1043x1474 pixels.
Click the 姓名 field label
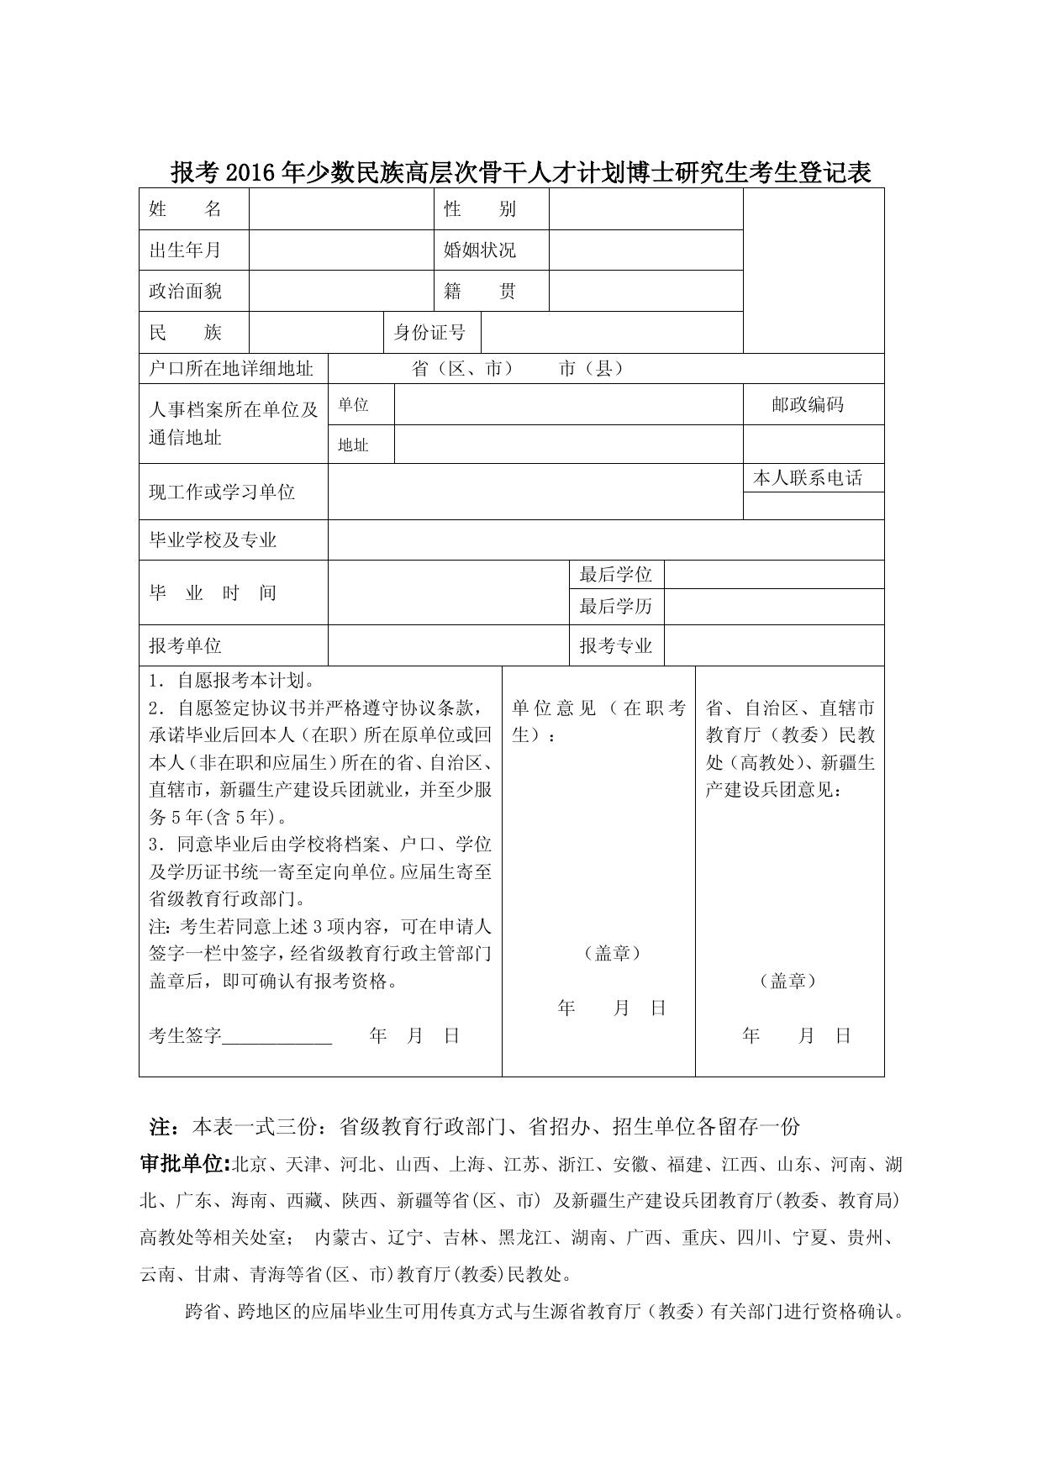pyautogui.click(x=186, y=209)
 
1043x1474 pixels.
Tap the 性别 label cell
pyautogui.click(x=480, y=209)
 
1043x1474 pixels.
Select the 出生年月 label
pyautogui.click(x=186, y=250)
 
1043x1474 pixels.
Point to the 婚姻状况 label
pyautogui.click(x=480, y=250)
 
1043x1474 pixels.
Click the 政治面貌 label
pyautogui.click(x=186, y=292)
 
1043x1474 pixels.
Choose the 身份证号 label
pyautogui.click(x=429, y=333)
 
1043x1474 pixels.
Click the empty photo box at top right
pyautogui.click(x=813, y=270)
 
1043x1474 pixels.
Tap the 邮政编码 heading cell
pyautogui.click(x=808, y=405)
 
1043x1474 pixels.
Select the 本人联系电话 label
pyautogui.click(x=808, y=478)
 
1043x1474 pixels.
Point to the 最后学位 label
pyautogui.click(x=616, y=575)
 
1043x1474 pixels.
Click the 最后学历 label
pyautogui.click(x=616, y=606)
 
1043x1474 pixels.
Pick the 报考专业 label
pyautogui.click(x=616, y=645)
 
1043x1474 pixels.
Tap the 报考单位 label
pyautogui.click(x=186, y=645)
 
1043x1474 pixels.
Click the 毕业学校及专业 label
pyautogui.click(x=213, y=540)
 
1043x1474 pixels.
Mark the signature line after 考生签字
pyautogui.click(x=277, y=1037)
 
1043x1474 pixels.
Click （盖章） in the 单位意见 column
pyautogui.click(x=612, y=953)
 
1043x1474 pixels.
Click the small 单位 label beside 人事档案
pyautogui.click(x=354, y=405)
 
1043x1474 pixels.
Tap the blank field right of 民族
pyautogui.click(x=316, y=333)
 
